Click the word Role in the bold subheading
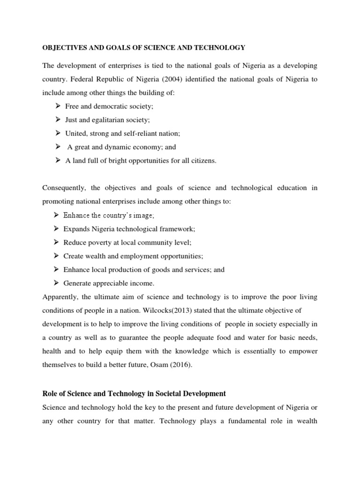pos(51,393)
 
